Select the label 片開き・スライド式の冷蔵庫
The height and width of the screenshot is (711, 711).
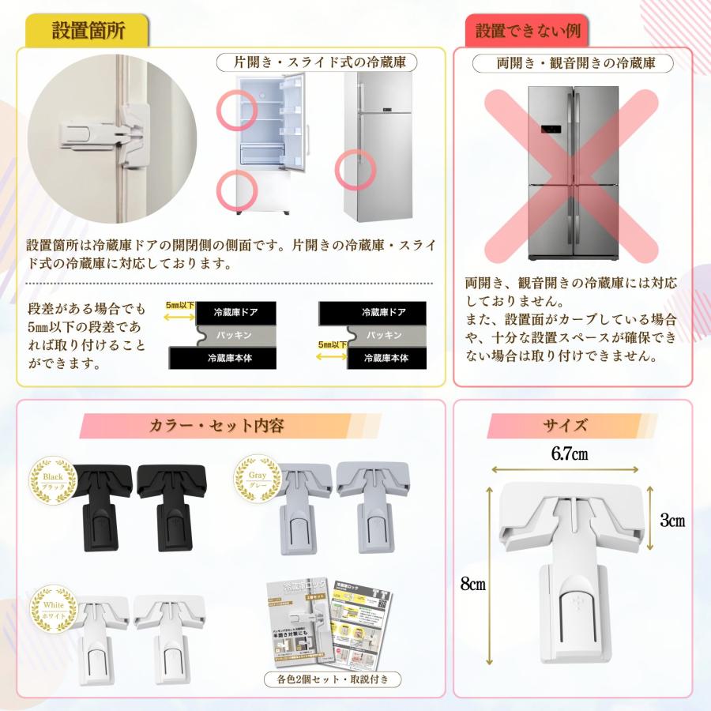pos(316,62)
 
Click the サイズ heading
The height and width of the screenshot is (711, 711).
pos(564,426)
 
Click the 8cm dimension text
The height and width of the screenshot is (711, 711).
pos(472,584)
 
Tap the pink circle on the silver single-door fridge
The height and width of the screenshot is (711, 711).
pos(355,167)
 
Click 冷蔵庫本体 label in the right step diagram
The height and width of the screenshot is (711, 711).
pos(386,358)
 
